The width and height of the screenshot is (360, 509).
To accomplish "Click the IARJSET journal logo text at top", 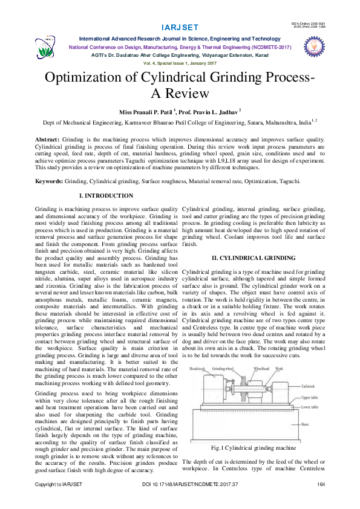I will click(180, 28).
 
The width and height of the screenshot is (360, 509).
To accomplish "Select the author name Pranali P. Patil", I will click(155, 112).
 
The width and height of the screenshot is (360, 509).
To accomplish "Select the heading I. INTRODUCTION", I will click(106, 196).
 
